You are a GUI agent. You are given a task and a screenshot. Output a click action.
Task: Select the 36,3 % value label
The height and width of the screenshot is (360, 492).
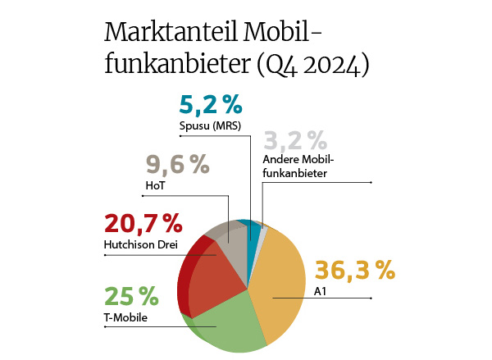click(x=355, y=269)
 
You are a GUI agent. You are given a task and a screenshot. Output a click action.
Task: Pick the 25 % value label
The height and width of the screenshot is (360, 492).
click(x=131, y=296)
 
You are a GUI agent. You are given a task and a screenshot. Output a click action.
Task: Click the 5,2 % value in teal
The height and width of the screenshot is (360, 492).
click(x=211, y=104)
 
